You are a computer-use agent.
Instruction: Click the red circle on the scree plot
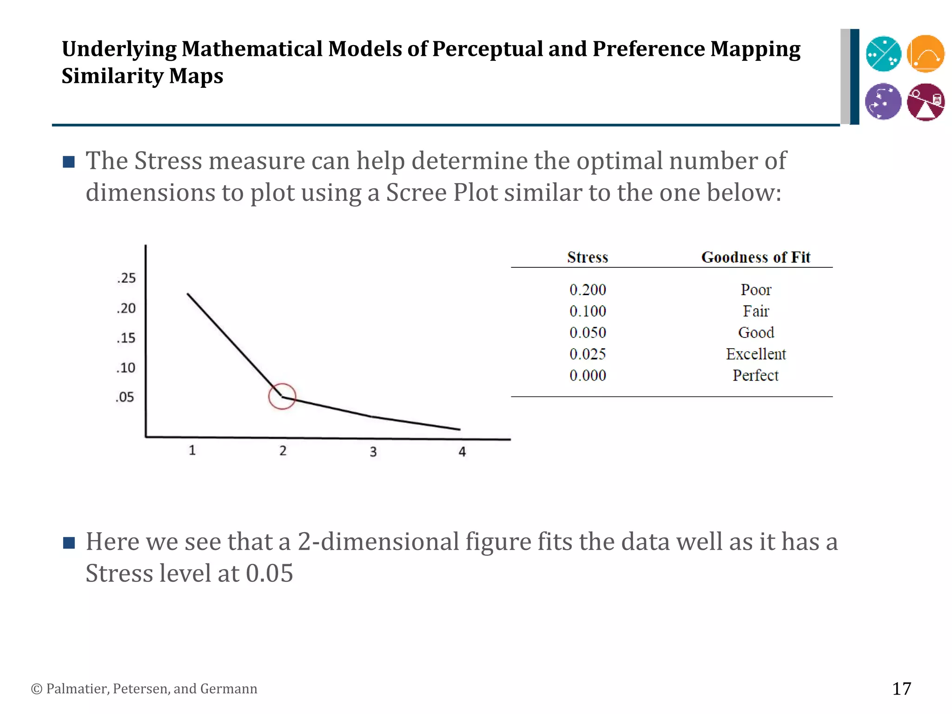[x=282, y=396]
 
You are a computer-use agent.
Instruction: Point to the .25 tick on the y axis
[x=126, y=278]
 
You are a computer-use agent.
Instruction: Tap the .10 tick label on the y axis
[x=126, y=368]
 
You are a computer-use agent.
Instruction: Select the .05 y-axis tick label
[x=125, y=397]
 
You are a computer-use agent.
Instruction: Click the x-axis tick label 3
[x=373, y=452]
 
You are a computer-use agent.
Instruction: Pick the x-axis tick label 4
[x=462, y=452]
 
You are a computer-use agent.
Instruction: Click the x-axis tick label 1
[x=192, y=450]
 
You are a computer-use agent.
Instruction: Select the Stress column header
[x=588, y=257]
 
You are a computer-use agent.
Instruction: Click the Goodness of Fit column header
[x=756, y=257]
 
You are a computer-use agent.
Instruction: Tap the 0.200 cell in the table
[x=588, y=290]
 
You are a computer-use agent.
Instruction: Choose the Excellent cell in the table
[x=756, y=354]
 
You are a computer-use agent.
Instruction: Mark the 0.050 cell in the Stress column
[x=588, y=332]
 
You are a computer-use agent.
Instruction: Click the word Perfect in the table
[x=756, y=375]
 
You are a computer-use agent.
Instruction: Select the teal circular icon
[x=883, y=54]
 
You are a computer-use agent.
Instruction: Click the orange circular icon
[x=926, y=53]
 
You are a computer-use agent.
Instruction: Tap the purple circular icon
[x=883, y=101]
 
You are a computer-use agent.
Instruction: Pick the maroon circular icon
[x=926, y=102]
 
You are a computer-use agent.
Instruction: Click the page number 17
[x=901, y=688]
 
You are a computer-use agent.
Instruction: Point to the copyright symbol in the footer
[x=36, y=689]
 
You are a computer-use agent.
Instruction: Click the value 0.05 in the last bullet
[x=269, y=573]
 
